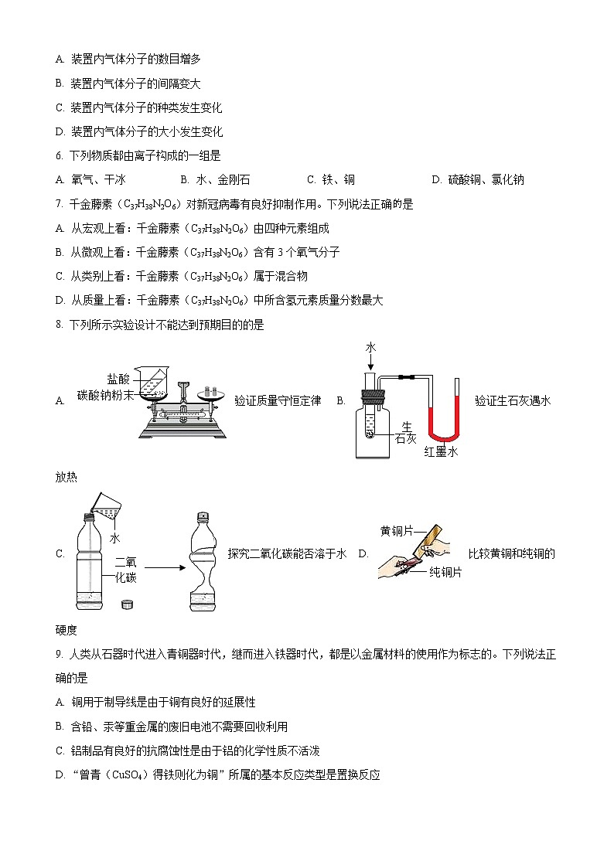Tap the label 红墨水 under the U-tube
[x=441, y=452]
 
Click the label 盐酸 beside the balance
[x=118, y=378]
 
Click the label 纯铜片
[x=445, y=572]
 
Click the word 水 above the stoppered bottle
[x=370, y=348]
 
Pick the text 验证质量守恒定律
[x=277, y=400]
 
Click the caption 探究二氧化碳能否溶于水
[x=286, y=553]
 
